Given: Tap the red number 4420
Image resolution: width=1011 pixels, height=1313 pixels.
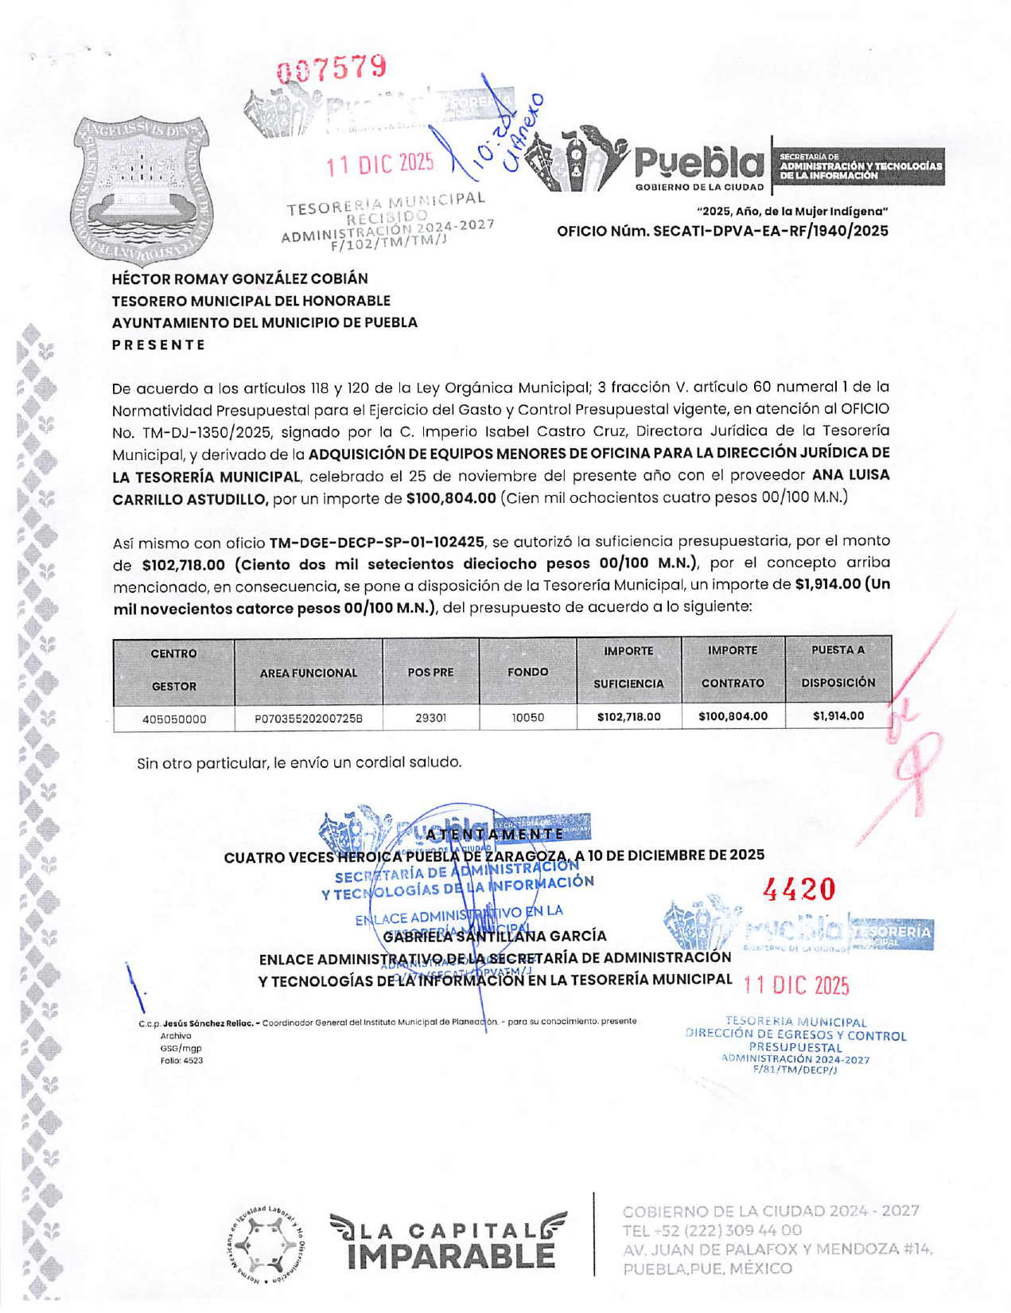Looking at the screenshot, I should click(799, 889).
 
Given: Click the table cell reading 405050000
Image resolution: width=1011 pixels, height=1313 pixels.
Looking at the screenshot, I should click(174, 719).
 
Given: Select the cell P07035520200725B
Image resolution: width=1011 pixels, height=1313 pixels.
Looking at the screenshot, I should click(309, 719).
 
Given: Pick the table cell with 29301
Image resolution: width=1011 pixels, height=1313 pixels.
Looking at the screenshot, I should click(430, 718).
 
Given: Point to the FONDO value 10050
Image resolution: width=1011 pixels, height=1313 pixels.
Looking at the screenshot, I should click(527, 718).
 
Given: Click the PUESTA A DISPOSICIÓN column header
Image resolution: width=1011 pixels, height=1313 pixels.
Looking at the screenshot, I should click(838, 666).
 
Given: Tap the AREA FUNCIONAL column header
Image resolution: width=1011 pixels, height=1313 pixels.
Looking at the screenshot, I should click(309, 673).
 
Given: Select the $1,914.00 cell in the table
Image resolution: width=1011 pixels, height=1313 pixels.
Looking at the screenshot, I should click(838, 716).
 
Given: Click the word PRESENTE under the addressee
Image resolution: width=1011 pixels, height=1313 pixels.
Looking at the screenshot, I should click(159, 345).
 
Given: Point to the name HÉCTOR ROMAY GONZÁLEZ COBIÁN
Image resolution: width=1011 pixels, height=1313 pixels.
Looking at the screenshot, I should click(239, 279).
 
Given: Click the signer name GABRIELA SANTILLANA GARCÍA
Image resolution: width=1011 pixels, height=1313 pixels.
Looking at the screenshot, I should click(495, 936).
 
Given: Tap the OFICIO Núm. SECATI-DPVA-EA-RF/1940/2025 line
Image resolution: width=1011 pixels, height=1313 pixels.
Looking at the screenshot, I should click(722, 232).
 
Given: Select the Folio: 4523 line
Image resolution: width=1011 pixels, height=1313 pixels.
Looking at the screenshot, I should click(181, 1061).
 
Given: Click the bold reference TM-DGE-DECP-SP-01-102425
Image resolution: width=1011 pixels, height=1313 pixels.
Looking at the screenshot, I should click(376, 543).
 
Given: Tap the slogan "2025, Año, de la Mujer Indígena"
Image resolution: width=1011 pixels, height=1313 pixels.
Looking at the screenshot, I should click(791, 212).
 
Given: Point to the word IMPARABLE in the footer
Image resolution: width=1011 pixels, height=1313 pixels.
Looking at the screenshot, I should click(451, 1256).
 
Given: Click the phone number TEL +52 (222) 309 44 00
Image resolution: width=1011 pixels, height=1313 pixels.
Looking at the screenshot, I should click(701, 1231).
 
